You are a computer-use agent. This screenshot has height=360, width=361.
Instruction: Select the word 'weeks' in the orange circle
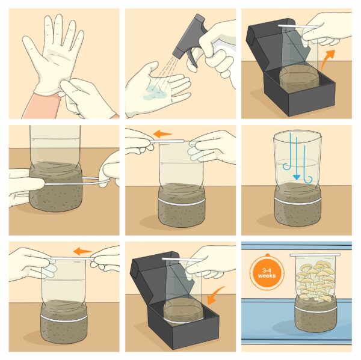click(267, 275)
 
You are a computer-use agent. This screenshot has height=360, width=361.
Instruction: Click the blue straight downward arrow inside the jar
click(296, 158)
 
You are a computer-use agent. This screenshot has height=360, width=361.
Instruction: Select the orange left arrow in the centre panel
click(162, 133)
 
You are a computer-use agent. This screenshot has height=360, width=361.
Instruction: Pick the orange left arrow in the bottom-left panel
click(82, 251)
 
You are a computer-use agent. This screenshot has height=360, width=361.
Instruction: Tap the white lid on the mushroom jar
click(315, 255)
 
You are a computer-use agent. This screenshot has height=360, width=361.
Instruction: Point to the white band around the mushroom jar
click(315, 310)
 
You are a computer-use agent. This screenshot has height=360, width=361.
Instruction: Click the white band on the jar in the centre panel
click(182, 203)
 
